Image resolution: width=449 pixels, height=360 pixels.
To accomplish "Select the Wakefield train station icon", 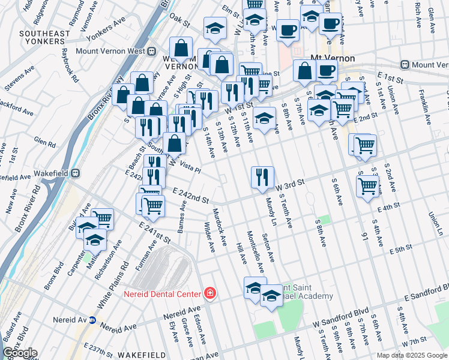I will coord(76,173).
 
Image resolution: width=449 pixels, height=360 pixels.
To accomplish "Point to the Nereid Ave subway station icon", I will coord(92,320).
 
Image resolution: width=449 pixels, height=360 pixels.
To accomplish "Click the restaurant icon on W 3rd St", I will coord(262,176).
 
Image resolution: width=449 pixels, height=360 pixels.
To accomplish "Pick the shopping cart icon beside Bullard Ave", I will coord(103,218).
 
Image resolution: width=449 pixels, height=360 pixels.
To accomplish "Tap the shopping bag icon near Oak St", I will coord(181,48).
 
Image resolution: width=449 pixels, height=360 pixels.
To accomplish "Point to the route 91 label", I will coord(363,237).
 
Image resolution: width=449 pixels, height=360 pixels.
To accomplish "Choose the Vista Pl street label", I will coord(190,166).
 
